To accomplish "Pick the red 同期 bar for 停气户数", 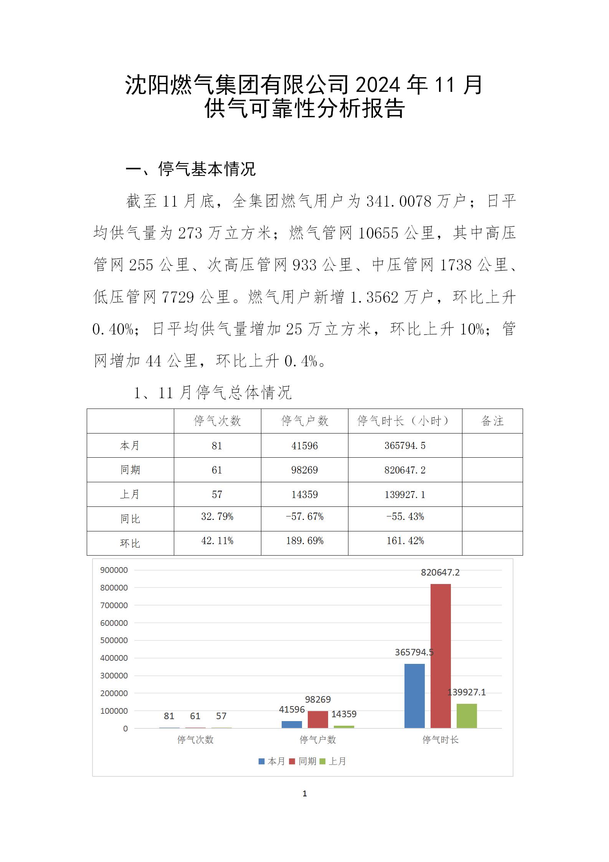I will click(318, 720).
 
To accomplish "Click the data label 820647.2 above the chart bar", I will click(440, 572).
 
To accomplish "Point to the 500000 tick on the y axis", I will click(114, 640).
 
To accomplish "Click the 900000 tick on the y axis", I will click(114, 570).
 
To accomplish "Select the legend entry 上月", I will click(333, 761).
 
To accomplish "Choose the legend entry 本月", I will click(272, 761).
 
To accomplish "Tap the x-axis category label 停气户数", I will click(318, 740).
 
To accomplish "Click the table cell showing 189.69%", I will click(305, 541).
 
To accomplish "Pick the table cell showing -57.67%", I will click(305, 517).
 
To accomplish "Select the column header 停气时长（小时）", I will click(405, 421).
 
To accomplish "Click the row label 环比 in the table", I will click(130, 543).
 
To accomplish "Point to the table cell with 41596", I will click(305, 445).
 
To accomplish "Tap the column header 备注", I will click(492, 421).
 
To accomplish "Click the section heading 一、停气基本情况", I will click(191, 169).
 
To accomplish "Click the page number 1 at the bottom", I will click(305, 793).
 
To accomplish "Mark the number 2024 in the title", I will click(378, 85).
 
